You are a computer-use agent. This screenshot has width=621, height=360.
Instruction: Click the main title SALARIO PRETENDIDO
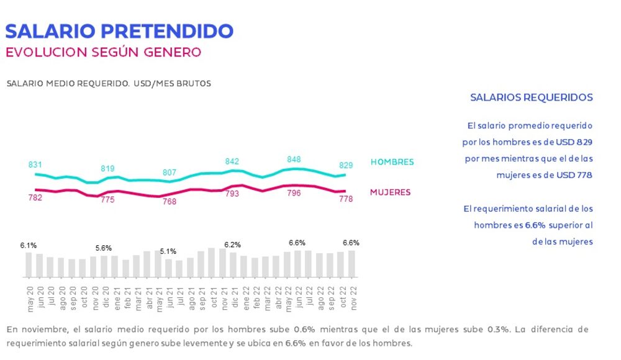(119, 30)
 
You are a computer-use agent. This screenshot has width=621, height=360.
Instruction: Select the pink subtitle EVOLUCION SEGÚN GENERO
(104, 52)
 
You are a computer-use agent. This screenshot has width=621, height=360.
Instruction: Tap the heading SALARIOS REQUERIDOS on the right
(531, 97)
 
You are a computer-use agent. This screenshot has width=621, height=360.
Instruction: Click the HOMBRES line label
(392, 162)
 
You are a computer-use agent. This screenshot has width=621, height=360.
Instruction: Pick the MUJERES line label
(390, 192)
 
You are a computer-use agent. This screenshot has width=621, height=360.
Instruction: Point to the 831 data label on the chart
(35, 164)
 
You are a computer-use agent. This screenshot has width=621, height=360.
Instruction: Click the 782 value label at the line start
(35, 198)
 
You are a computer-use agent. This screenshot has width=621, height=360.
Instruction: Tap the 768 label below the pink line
(169, 202)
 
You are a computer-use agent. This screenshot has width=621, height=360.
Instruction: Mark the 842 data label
(232, 161)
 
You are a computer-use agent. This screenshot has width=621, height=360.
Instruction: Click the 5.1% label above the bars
(168, 251)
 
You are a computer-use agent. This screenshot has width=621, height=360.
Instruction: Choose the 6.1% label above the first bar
(29, 246)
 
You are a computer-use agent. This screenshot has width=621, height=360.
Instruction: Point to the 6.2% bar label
(232, 245)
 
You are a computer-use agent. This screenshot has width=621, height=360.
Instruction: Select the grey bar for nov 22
(351, 264)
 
